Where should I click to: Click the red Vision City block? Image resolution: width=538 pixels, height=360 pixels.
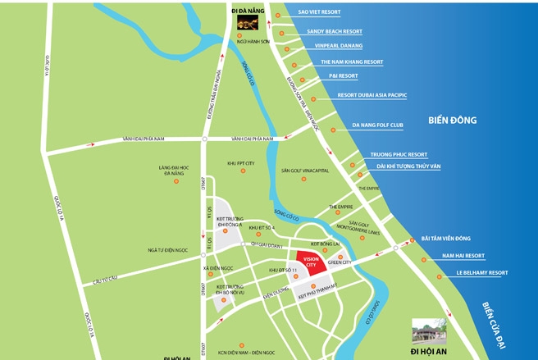pos(310,262)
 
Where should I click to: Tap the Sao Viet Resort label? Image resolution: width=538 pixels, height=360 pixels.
pos(319,12)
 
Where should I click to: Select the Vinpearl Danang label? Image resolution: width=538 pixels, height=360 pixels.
pos(334,46)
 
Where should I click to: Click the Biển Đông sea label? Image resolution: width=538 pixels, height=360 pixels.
pos(452,121)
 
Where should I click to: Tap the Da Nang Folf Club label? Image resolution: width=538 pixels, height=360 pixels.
pos(379,125)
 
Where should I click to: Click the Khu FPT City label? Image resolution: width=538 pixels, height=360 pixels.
pos(241,163)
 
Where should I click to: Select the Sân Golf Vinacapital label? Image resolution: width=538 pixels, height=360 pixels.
pos(304,171)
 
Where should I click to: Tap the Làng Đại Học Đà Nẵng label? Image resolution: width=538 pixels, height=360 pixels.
pos(174,171)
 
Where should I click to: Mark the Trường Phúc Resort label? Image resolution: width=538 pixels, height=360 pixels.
pos(399,154)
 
